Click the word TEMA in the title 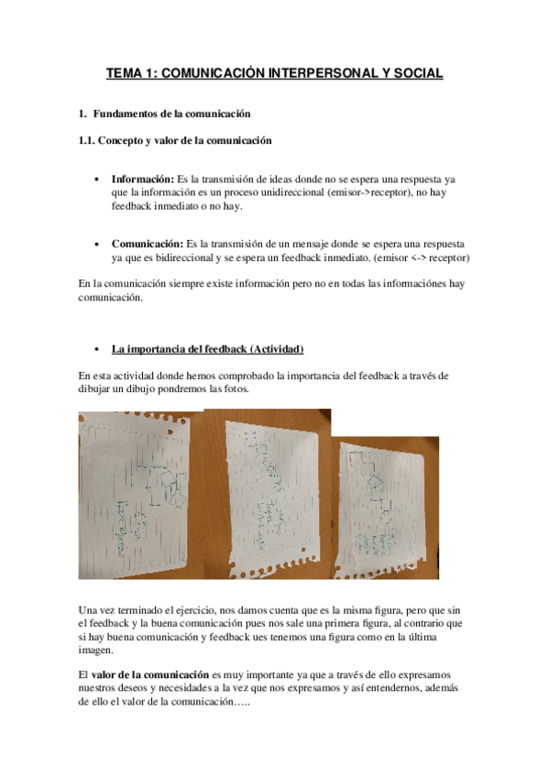tap(124, 72)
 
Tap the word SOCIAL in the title tap(417, 72)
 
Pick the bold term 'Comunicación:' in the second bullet tap(148, 245)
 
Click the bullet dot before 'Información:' tap(98, 181)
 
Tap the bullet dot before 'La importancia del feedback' tap(98, 349)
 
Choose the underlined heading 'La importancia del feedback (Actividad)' tap(207, 349)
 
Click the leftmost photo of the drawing tap(141, 495)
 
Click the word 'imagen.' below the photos tap(97, 651)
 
